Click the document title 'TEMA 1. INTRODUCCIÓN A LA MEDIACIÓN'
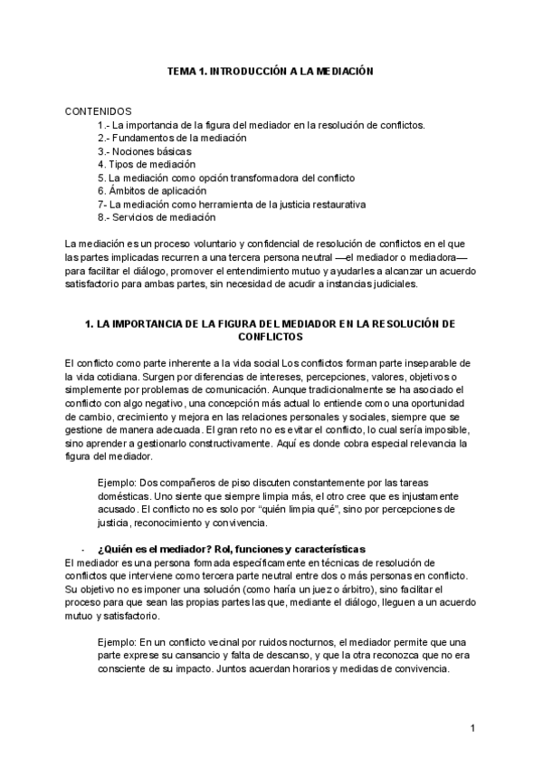271,70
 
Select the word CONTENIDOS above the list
99,110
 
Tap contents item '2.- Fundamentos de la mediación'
172,138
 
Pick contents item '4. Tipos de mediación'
146,165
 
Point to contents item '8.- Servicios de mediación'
157,217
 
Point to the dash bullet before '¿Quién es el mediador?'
83,550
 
